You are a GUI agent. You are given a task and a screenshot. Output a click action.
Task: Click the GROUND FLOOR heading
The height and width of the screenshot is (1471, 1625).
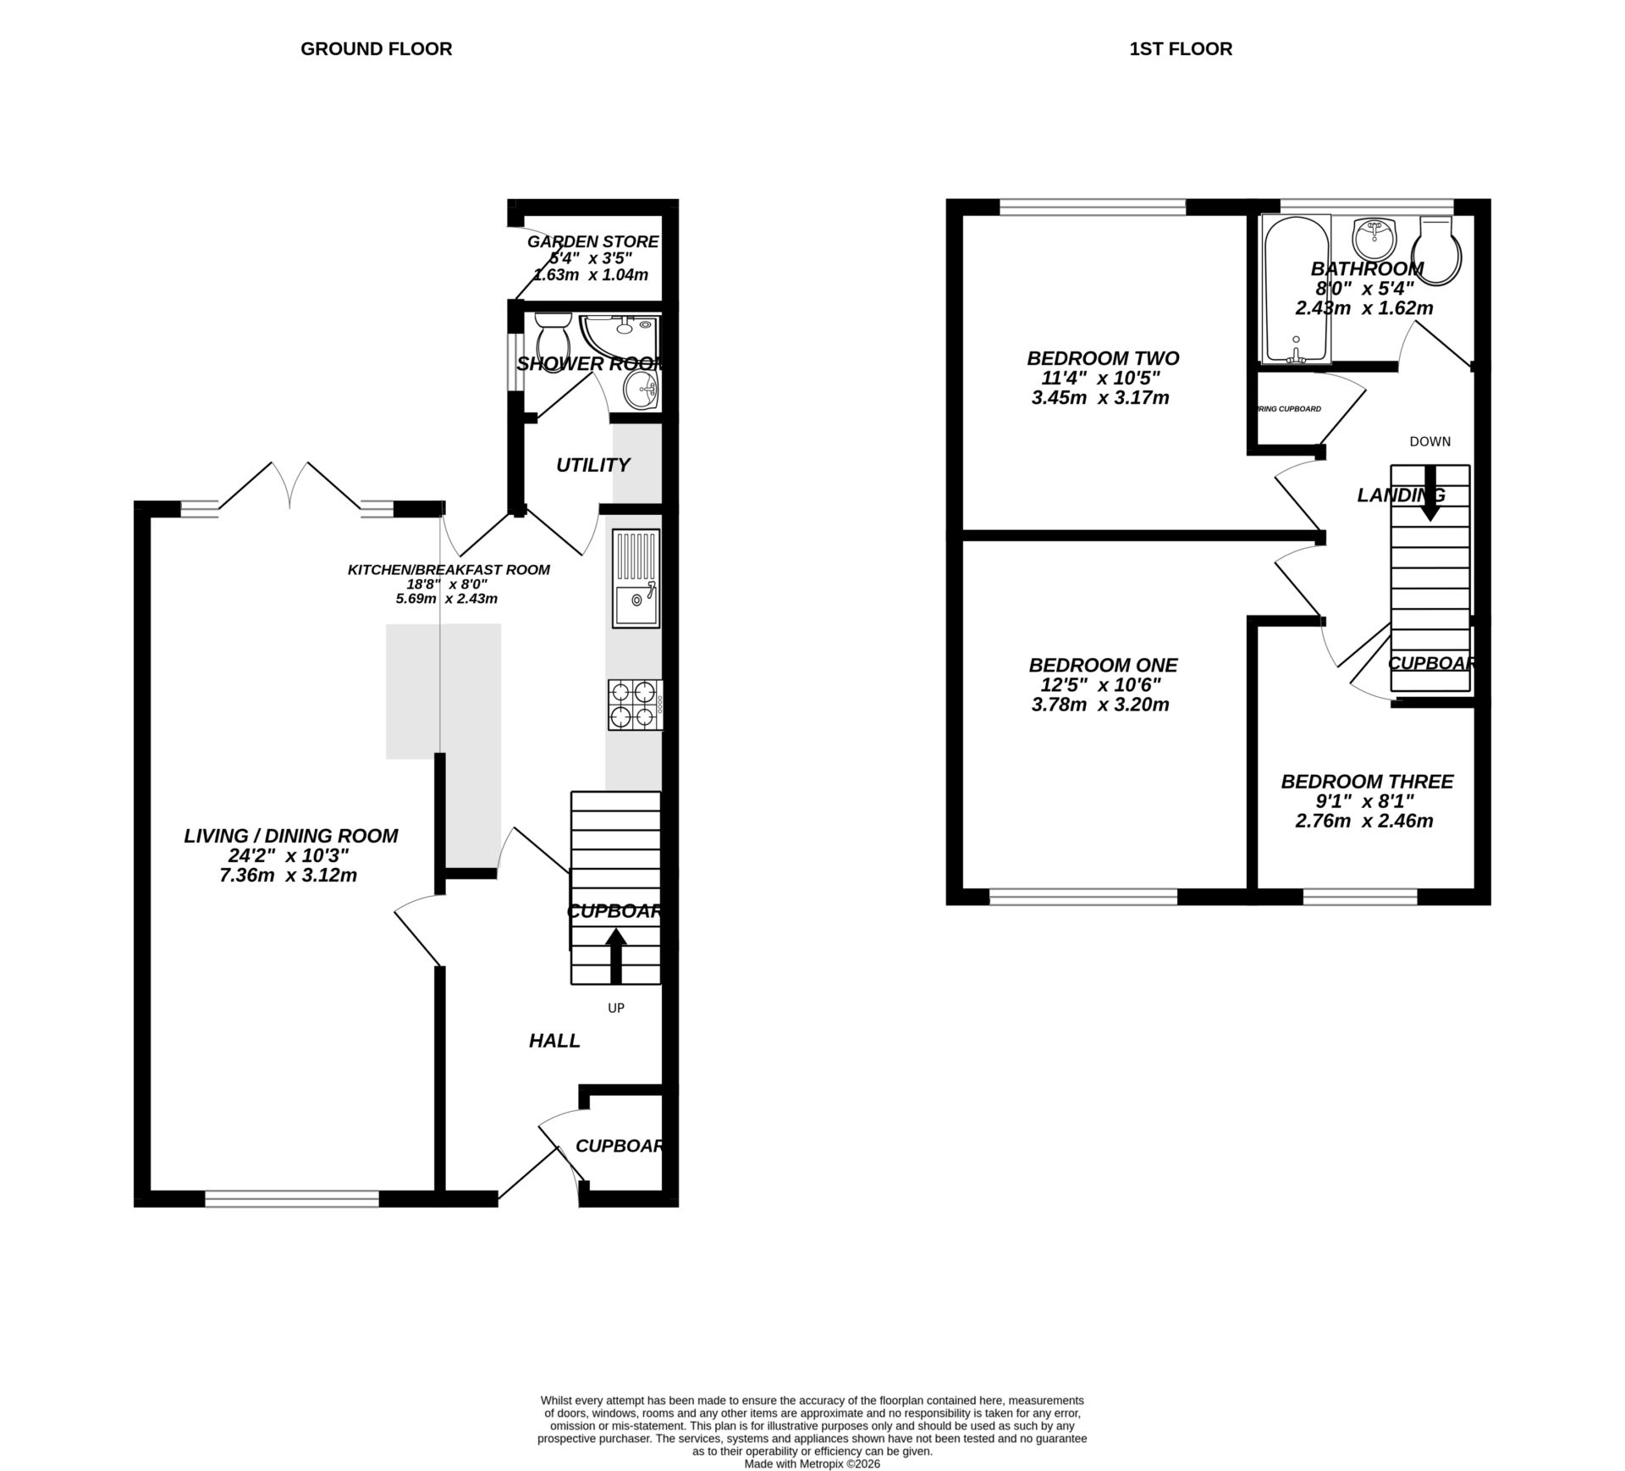click(376, 49)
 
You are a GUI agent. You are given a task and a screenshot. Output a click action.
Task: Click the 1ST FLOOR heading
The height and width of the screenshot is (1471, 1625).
click(1180, 49)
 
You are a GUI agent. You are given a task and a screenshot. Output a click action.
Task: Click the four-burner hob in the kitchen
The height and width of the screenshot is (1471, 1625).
click(635, 705)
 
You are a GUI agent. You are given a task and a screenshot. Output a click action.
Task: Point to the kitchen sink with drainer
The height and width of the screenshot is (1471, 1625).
click(636, 579)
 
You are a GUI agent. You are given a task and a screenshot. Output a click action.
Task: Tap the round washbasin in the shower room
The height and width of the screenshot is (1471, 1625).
click(641, 390)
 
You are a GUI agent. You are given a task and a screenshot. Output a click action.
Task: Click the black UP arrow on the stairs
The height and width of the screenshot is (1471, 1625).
click(615, 956)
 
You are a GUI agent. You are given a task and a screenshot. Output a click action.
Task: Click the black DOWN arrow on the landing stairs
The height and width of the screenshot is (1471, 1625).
click(1430, 492)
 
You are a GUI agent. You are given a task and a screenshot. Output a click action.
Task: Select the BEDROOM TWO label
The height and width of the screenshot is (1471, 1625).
click(1103, 358)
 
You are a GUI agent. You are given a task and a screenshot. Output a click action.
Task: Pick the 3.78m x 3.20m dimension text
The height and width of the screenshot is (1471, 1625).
click(1100, 705)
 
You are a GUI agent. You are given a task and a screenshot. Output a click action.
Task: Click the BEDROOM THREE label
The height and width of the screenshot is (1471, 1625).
click(1367, 782)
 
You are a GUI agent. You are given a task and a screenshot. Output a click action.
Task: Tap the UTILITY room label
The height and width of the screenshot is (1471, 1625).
click(592, 465)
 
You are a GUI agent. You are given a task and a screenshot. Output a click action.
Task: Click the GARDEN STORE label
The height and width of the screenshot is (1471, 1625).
click(592, 242)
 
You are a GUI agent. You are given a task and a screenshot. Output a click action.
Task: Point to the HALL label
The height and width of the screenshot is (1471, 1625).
click(554, 1041)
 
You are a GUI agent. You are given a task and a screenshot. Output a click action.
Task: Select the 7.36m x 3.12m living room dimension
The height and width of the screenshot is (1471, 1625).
click(288, 876)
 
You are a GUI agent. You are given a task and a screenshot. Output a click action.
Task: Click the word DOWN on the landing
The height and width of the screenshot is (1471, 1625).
click(1429, 441)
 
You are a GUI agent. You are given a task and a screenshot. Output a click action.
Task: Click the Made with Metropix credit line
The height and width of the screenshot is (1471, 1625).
click(812, 1463)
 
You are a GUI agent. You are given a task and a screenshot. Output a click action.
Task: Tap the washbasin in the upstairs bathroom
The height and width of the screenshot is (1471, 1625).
click(1374, 239)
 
